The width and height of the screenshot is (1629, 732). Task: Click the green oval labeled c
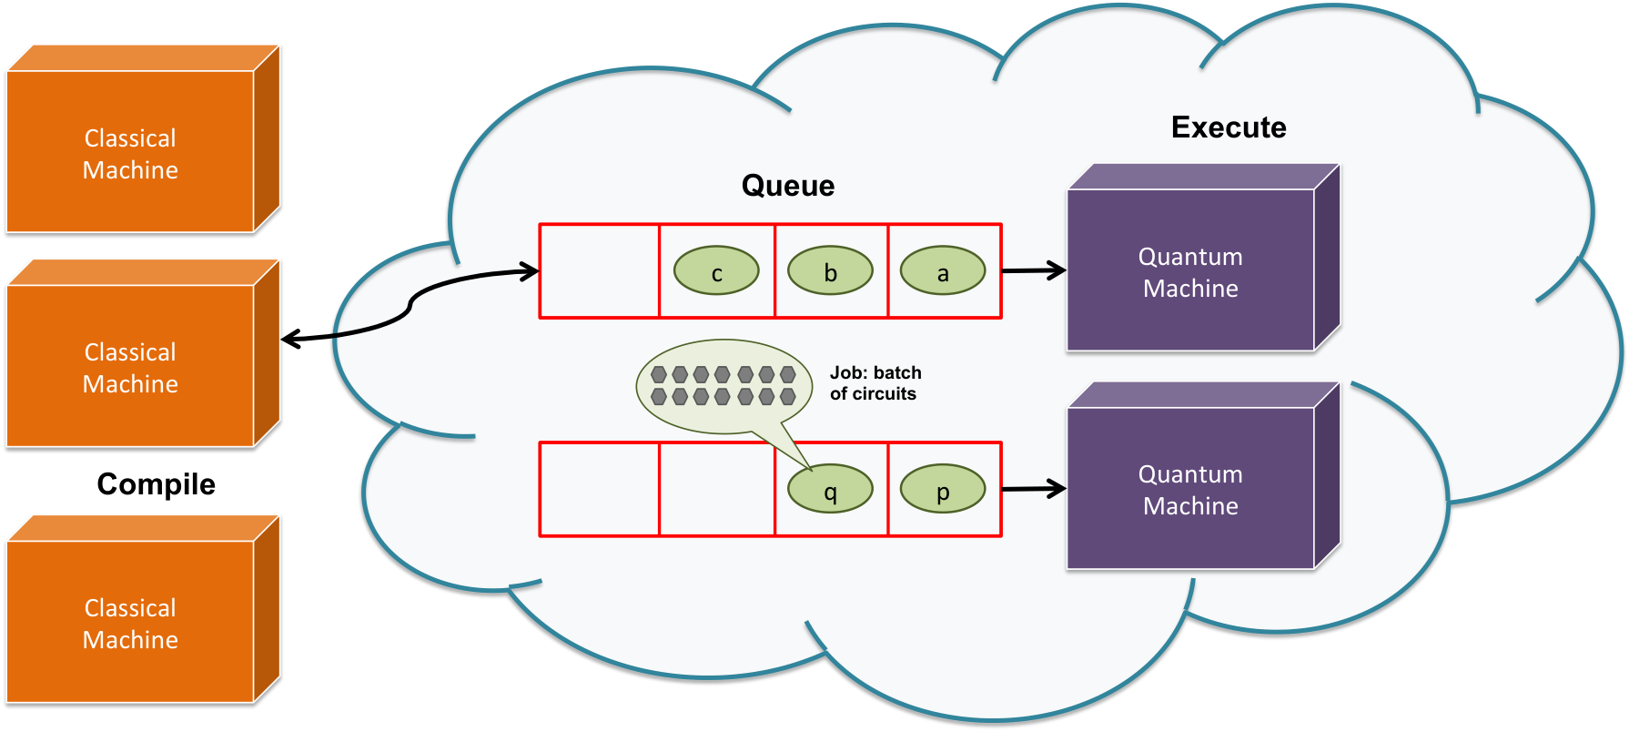point(716,270)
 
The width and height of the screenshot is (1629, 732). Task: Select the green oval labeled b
point(830,270)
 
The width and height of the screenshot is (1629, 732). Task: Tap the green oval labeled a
point(943,270)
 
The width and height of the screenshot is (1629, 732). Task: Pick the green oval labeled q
point(830,489)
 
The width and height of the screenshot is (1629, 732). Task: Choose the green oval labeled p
point(943,489)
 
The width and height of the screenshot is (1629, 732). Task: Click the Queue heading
point(788,186)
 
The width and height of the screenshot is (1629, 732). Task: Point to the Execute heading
point(1229,127)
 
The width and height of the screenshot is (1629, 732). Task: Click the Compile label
point(157,484)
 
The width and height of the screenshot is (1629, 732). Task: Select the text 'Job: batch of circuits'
point(875,383)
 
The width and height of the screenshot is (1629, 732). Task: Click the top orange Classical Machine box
point(144,138)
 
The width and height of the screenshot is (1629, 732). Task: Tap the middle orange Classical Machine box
point(144,353)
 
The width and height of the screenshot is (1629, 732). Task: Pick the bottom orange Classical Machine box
point(144,609)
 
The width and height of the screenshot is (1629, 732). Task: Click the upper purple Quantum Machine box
point(1203,258)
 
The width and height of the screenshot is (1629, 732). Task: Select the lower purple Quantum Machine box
point(1203,476)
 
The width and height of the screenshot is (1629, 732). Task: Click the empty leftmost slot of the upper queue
point(600,271)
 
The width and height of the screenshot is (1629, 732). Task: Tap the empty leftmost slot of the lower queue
point(600,490)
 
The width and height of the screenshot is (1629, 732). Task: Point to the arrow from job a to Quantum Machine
point(1034,270)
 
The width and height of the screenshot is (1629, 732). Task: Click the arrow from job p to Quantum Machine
point(1034,489)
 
